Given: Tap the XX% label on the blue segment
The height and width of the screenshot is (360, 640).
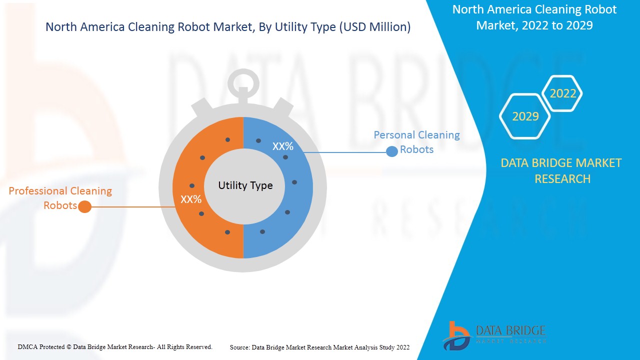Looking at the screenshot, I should click(282, 146).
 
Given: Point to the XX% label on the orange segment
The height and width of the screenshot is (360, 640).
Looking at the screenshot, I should click(191, 199).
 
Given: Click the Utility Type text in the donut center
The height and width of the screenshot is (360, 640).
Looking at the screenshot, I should click(245, 185).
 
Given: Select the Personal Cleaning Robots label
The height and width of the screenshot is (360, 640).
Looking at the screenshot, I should click(416, 142).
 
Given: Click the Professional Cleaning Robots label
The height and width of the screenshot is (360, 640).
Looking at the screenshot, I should click(60, 198).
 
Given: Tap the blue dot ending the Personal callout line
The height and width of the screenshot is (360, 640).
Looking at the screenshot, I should click(392, 151).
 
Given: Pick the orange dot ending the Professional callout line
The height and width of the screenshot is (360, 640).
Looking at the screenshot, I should click(85, 206).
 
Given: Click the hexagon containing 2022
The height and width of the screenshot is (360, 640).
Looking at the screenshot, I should click(563, 93).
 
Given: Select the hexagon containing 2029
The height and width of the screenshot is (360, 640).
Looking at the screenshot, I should click(525, 116).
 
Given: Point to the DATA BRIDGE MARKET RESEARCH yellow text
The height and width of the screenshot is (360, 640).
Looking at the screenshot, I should click(561, 170).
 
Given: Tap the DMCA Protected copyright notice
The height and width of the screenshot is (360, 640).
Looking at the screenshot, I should click(115, 346).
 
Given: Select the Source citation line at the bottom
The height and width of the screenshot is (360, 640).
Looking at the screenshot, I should click(319, 347).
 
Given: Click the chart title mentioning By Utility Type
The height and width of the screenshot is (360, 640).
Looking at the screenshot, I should click(228, 27).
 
